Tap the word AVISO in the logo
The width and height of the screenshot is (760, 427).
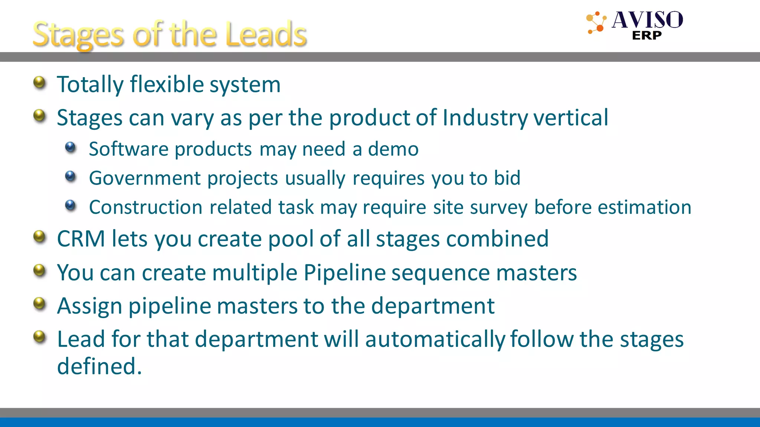[647, 20]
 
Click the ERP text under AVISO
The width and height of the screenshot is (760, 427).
[646, 36]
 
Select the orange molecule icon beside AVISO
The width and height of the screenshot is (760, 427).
[596, 23]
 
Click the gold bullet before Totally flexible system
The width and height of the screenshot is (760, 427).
[39, 82]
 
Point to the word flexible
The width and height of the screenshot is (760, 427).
[167, 85]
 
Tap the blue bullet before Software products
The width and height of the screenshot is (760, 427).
[70, 148]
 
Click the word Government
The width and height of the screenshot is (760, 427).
[145, 178]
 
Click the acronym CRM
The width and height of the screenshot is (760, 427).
[81, 238]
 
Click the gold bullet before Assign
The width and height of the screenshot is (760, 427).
[39, 304]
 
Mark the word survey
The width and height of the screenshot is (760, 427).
[498, 208]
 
